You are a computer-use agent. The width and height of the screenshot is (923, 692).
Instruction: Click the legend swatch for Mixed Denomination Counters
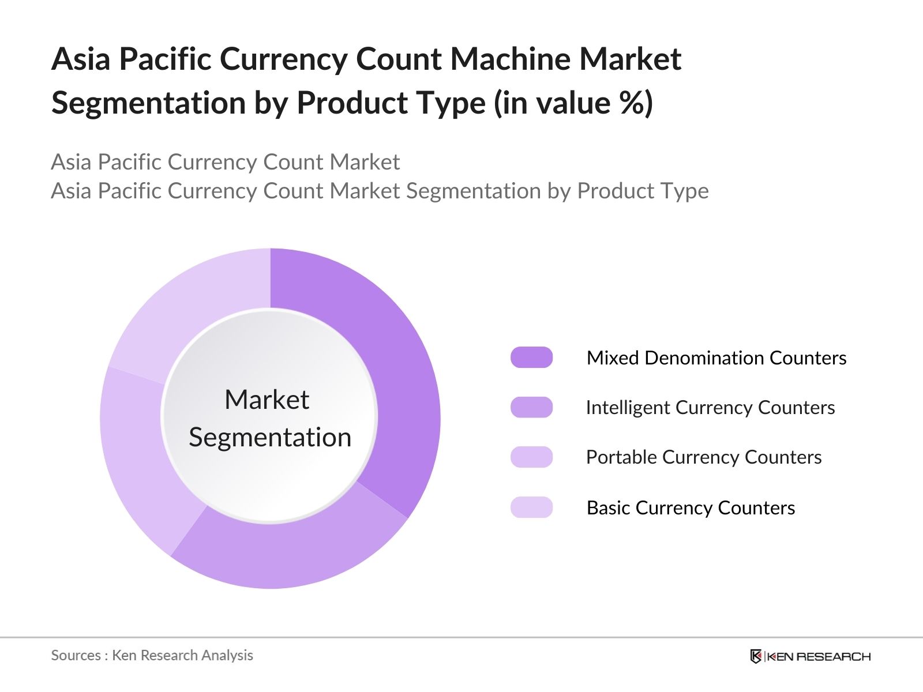point(531,358)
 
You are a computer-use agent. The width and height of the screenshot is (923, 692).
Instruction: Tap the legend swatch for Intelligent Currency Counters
point(531,407)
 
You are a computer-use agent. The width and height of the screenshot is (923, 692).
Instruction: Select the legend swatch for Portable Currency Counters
point(531,457)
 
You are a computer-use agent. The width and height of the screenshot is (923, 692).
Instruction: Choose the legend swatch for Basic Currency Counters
point(531,507)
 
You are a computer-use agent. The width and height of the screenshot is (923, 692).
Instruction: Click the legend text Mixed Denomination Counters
point(716,358)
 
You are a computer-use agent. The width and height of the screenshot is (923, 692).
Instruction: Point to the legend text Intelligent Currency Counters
point(710,408)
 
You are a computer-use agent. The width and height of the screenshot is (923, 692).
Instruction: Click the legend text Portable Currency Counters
point(704,457)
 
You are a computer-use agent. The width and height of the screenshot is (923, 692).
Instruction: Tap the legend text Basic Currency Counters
point(691,508)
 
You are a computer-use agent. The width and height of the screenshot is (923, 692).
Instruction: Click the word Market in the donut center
point(267,400)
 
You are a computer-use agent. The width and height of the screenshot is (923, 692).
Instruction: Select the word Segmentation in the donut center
point(270,438)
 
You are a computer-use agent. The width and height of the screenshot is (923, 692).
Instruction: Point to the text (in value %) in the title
point(573,103)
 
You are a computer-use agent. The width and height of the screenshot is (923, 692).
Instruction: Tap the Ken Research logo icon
point(756,656)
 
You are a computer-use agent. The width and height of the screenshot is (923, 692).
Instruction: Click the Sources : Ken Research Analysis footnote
point(152,656)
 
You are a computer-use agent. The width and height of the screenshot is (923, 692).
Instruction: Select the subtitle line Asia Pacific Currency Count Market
point(225,162)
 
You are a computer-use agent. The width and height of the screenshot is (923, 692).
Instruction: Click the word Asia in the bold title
point(81,59)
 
